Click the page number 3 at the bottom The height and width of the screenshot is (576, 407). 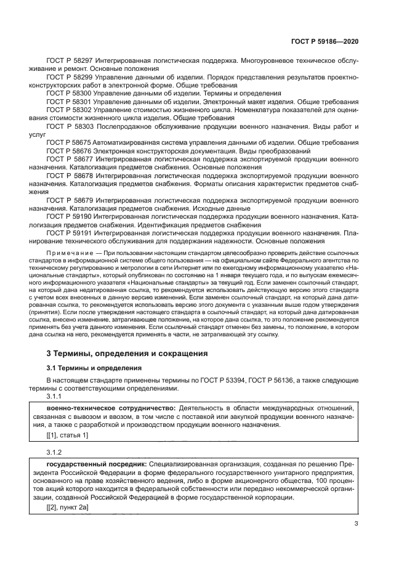pyautogui.click(x=357, y=524)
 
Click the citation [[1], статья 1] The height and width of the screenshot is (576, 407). pyautogui.click(x=68, y=436)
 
